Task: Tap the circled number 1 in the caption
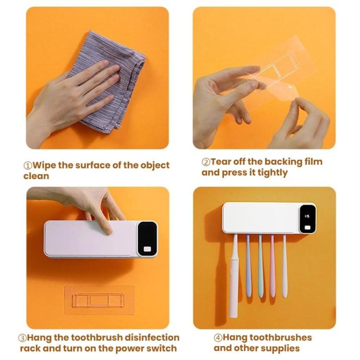pos(28,165)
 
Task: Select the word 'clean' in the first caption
pos(36,176)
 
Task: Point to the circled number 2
pos(206,162)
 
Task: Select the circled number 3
pos(22,338)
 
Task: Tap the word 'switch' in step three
pos(160,348)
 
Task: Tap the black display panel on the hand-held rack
pos(146,239)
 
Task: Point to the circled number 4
pos(218,338)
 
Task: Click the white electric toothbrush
pos(234,278)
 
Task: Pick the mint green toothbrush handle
pos(261,271)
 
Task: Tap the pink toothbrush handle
pos(273,271)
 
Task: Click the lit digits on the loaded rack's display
pos(307,216)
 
